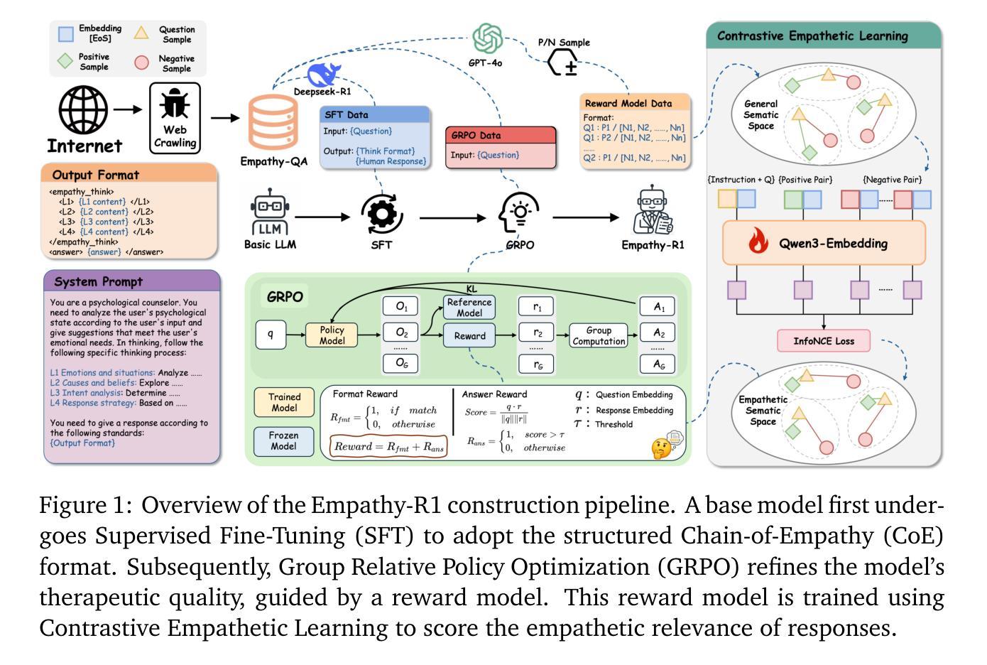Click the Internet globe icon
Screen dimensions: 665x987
coord(83,112)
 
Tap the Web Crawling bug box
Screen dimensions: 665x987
coord(175,118)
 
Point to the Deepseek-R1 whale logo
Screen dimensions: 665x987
coord(324,75)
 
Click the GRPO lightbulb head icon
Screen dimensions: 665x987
coord(519,213)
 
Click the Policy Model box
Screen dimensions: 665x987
coord(332,335)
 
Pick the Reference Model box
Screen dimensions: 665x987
coord(469,308)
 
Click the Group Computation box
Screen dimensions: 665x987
coord(599,335)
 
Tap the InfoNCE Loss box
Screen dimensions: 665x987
coord(824,341)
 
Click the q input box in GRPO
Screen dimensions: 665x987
coord(271,335)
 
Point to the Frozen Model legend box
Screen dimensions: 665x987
coord(283,440)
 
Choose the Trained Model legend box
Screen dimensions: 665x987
coord(284,402)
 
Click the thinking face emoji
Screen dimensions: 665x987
coord(662,448)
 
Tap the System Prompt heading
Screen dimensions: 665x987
coord(98,281)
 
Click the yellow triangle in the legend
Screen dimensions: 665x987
coord(142,33)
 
